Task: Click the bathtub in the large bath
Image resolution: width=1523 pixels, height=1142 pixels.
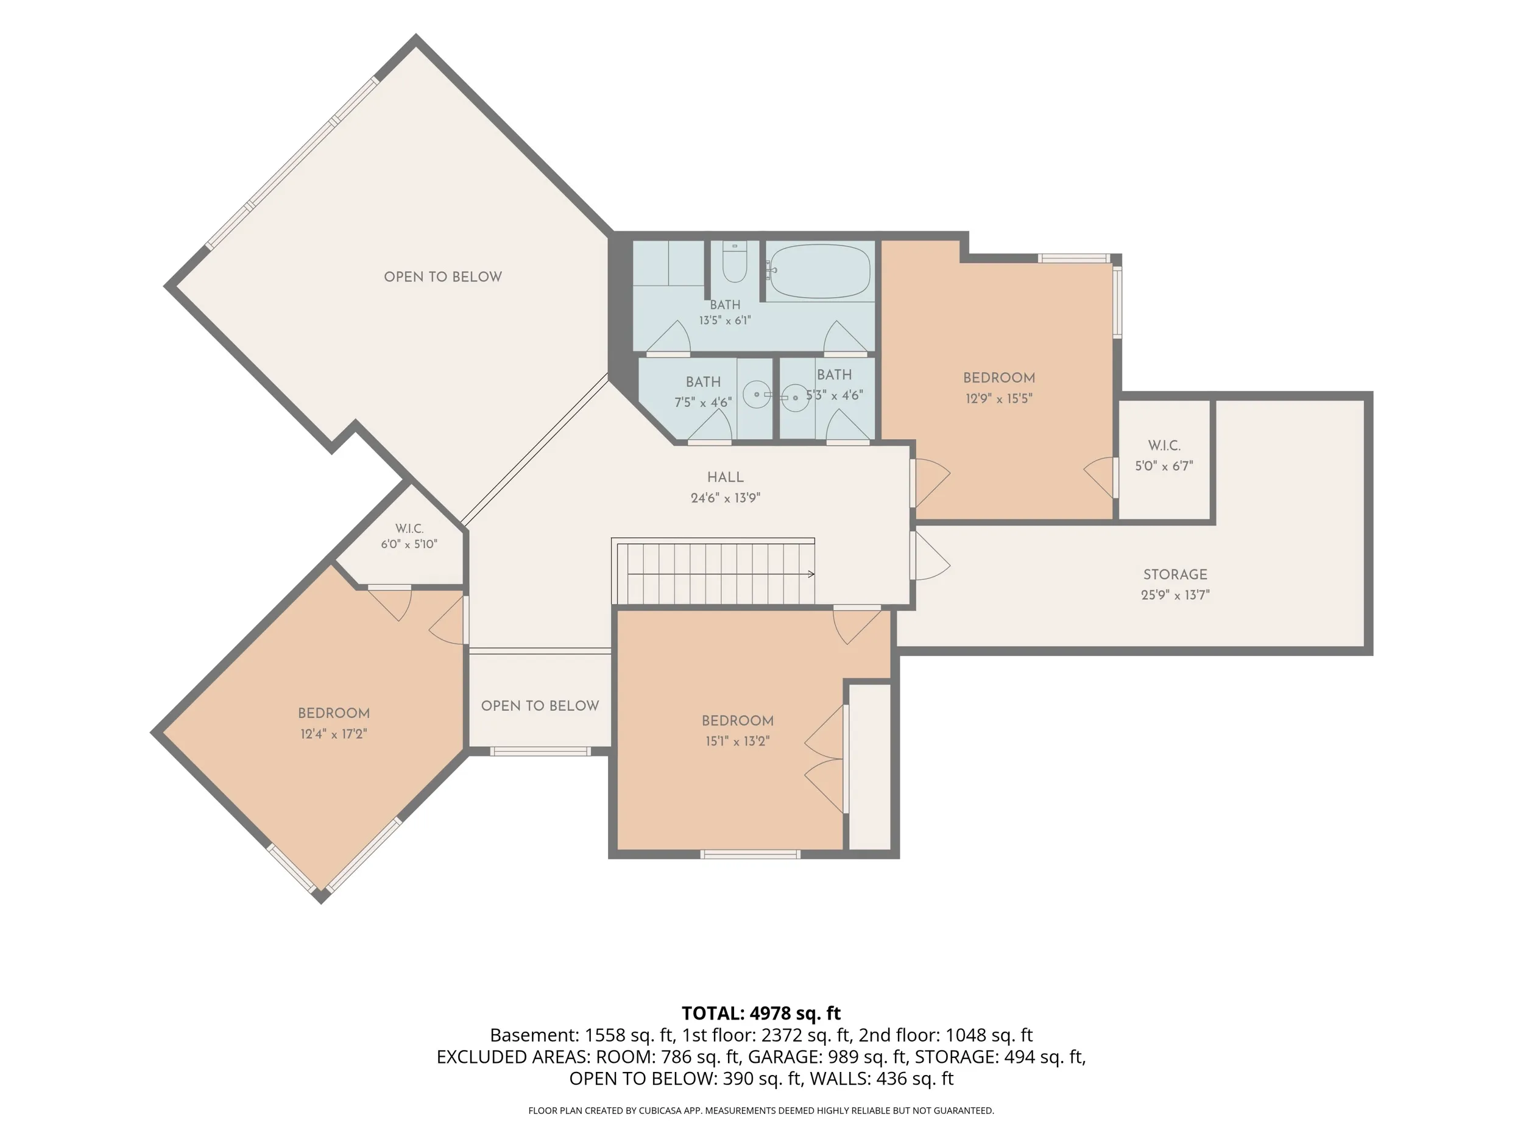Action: click(819, 271)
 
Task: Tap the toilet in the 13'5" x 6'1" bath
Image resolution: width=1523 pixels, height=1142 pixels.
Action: click(735, 263)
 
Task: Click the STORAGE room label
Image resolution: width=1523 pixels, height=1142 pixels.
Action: click(1175, 574)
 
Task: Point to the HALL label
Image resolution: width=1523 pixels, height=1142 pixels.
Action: click(726, 477)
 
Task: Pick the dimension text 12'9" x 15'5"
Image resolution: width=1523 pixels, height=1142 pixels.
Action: click(999, 398)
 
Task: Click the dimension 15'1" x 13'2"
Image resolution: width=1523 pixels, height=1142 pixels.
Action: click(737, 741)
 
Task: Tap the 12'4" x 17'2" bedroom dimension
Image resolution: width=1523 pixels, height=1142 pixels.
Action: click(333, 734)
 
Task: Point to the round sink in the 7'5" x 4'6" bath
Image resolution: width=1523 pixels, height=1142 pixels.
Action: click(757, 395)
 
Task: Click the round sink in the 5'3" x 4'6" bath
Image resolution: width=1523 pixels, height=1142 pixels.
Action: click(796, 397)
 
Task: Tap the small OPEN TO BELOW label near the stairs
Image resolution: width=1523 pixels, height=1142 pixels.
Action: click(540, 705)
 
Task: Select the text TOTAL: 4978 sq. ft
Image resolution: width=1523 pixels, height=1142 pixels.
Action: click(761, 1013)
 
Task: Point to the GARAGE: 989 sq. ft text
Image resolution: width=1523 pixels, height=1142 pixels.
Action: click(826, 1057)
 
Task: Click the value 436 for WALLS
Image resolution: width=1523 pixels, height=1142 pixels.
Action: click(892, 1079)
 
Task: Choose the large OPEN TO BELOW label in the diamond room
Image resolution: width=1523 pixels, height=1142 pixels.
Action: click(443, 277)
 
